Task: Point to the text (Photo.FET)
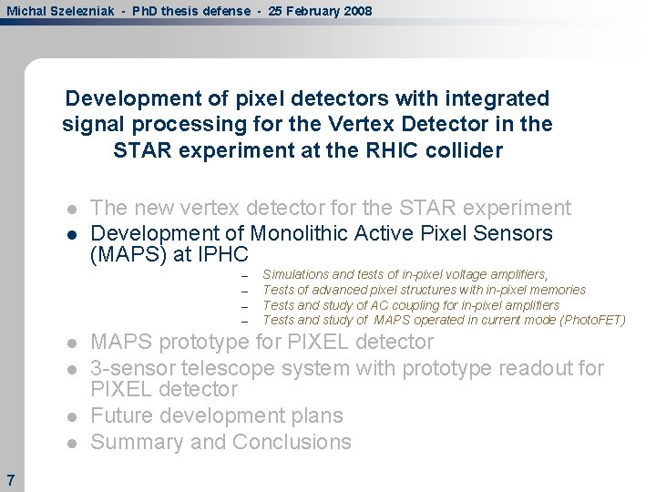tap(594, 320)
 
